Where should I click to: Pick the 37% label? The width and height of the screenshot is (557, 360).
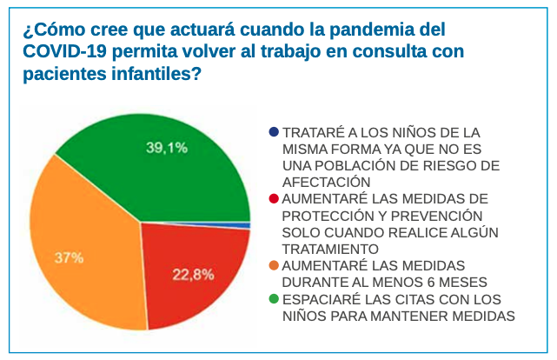pos(70,257)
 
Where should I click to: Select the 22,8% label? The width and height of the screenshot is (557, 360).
pos(193,275)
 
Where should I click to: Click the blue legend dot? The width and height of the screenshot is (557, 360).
pos(275,132)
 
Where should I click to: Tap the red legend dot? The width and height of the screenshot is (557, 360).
pos(275,198)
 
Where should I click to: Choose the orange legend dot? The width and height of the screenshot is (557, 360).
pos(275,264)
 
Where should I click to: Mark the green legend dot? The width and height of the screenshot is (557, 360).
pos(275,298)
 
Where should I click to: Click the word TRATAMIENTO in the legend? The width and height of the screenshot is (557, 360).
pos(328,249)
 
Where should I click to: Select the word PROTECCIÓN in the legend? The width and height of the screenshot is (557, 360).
pos(328,215)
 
